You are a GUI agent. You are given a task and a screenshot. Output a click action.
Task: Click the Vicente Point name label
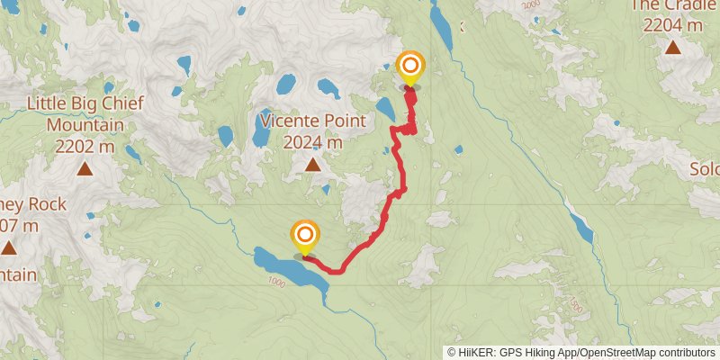312,120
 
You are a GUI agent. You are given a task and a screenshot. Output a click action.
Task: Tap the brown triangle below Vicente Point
312,164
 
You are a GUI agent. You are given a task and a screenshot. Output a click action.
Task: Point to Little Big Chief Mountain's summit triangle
84,168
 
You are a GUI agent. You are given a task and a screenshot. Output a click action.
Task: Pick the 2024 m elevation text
312,142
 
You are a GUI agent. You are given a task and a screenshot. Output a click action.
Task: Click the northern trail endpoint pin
410,67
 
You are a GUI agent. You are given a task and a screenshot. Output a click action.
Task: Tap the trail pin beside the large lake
305,238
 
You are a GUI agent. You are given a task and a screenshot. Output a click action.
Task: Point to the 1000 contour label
276,283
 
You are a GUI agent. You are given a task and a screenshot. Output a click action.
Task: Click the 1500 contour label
576,306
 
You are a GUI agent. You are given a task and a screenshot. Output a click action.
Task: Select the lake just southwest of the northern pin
385,109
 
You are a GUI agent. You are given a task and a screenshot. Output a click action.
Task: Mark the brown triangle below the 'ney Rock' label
8,247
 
